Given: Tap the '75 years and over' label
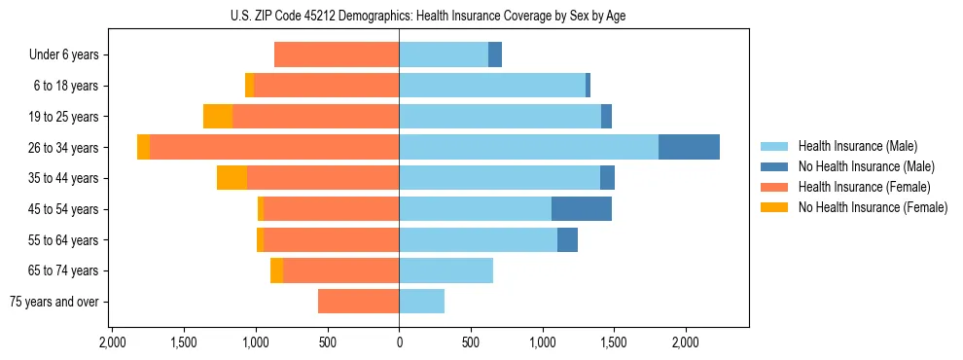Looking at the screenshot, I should (53, 302).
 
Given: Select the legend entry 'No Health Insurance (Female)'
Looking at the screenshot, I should (873, 207).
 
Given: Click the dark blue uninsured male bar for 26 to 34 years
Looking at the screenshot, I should (689, 147).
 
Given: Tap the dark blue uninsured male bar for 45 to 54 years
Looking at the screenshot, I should (581, 208).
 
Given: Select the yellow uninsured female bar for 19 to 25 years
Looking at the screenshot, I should (218, 116).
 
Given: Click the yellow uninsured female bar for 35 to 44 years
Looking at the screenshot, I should (232, 178).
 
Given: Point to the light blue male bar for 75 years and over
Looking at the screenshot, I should (421, 302).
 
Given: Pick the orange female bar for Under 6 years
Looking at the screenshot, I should (337, 54).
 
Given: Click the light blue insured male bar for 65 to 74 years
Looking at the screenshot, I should (446, 270).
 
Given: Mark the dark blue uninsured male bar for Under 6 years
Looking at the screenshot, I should (495, 54).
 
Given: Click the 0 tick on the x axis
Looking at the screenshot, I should (399, 342).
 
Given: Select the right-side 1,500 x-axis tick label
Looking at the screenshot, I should (614, 342).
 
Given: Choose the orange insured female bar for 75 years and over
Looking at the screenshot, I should (358, 302).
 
